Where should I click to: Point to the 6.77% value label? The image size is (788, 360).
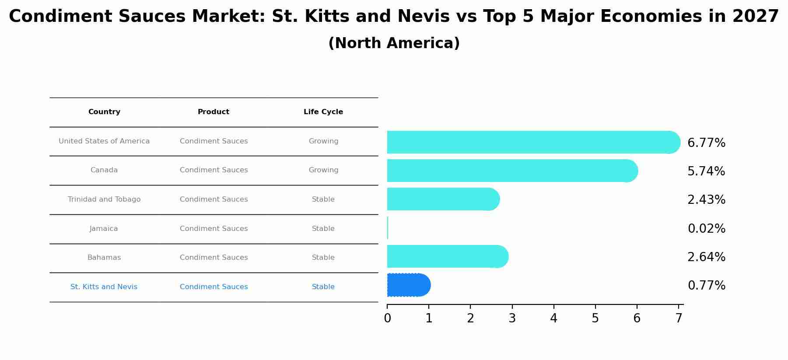(x=706, y=143)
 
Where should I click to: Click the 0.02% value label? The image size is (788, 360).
(x=706, y=229)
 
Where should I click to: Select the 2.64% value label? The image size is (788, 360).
(x=706, y=257)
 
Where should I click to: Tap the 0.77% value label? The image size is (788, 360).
(x=706, y=286)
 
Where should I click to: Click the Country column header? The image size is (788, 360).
(x=104, y=112)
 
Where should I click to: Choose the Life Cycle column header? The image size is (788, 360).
(x=323, y=112)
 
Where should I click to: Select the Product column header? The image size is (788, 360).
(x=214, y=112)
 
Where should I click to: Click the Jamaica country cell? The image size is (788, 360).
(x=104, y=229)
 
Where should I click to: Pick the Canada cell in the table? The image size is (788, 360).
(x=104, y=170)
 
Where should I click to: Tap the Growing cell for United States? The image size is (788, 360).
(x=323, y=141)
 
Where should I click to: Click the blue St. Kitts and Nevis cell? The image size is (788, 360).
(x=104, y=287)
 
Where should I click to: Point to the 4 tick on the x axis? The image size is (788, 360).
(x=553, y=318)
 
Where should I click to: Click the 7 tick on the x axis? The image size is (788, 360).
(x=679, y=318)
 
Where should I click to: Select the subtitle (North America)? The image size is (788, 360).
(x=394, y=43)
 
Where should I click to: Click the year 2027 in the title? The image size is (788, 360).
(x=756, y=17)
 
